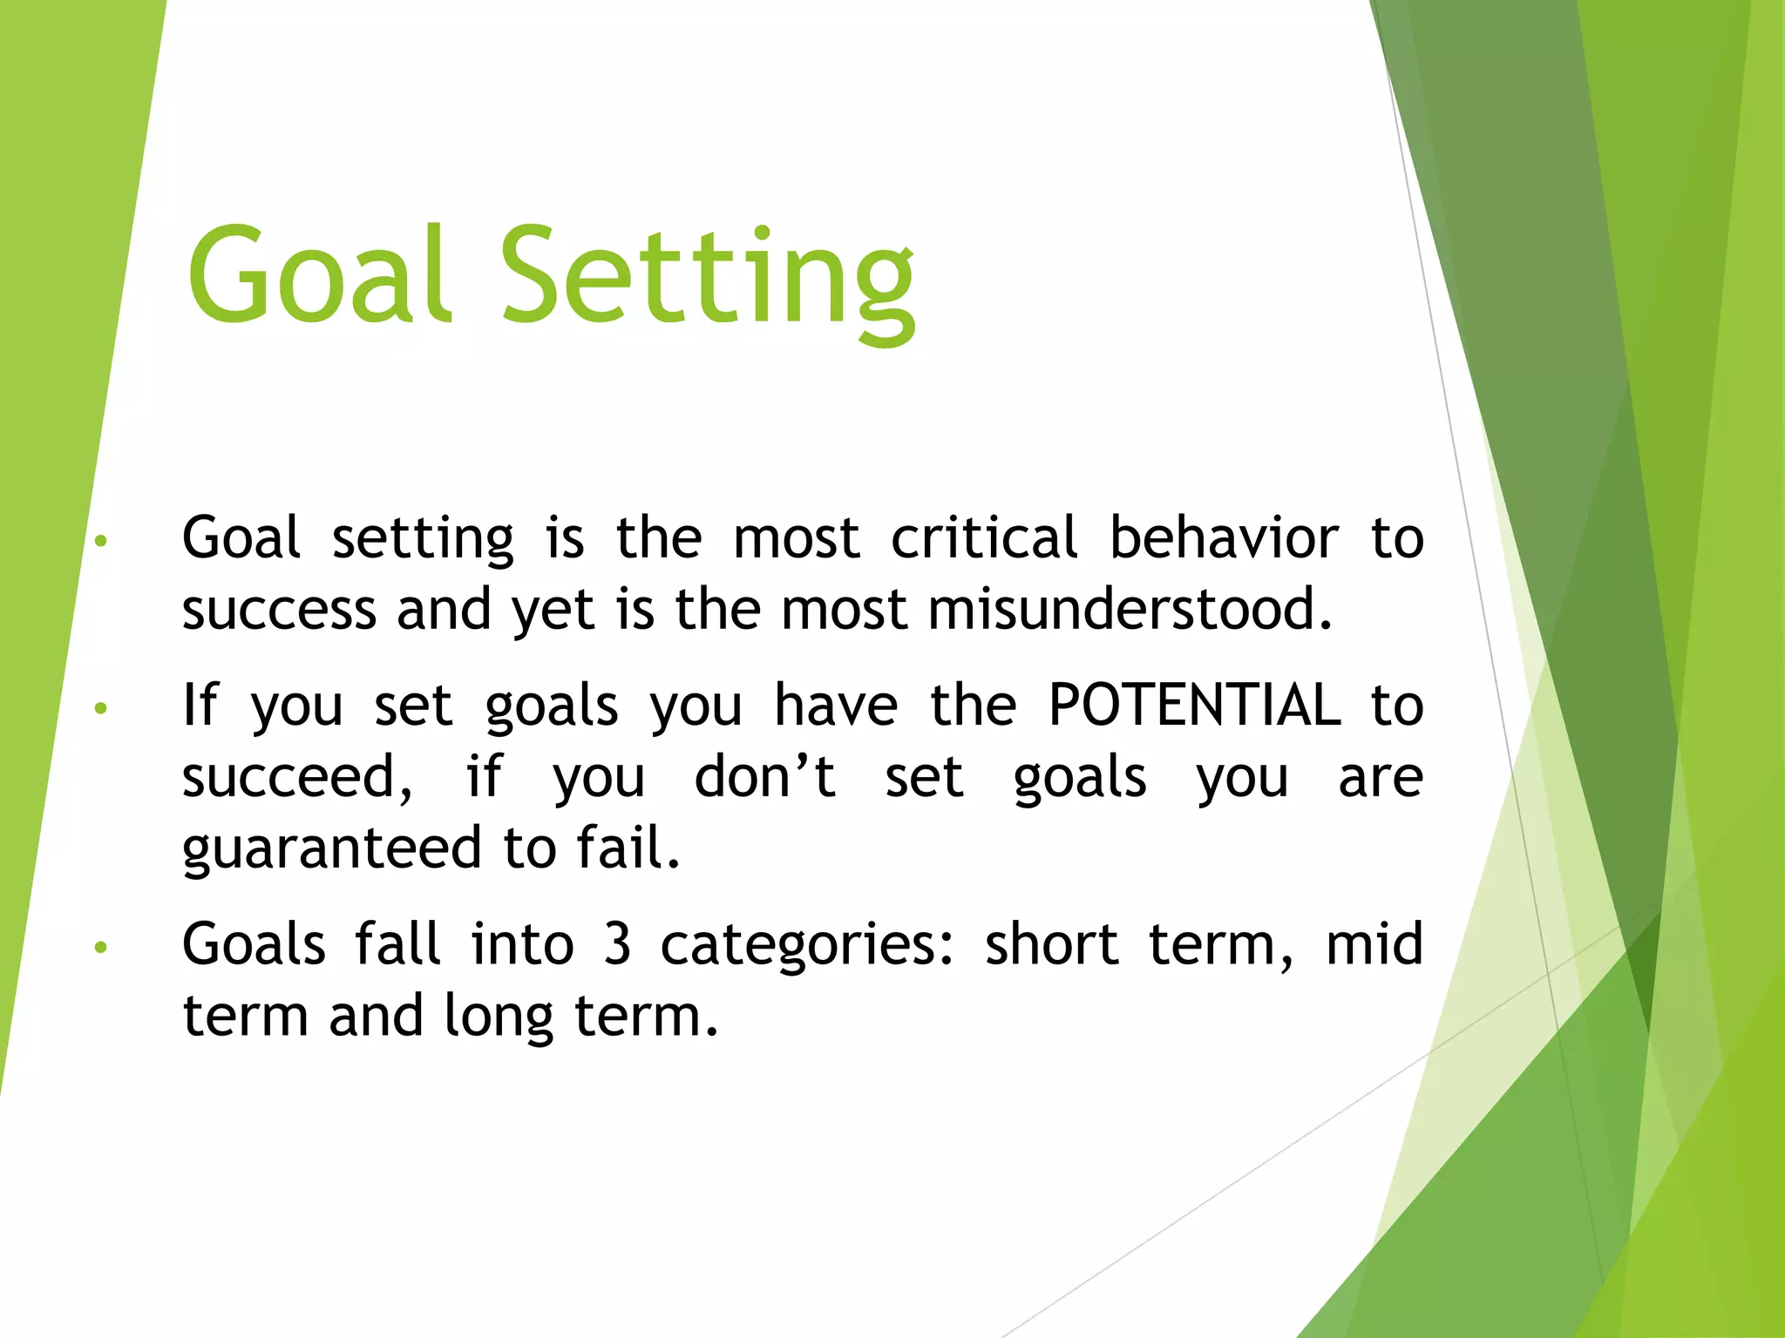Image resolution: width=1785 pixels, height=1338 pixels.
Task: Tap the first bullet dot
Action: [101, 541]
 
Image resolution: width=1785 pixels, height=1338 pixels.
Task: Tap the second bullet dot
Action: [101, 708]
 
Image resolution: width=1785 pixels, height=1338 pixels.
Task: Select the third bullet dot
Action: [101, 947]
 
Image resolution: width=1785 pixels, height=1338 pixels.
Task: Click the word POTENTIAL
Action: [1194, 705]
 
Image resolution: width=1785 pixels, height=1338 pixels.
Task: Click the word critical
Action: [984, 537]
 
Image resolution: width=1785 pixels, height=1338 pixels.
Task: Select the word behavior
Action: [1224, 537]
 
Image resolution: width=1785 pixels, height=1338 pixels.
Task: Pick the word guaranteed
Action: [332, 849]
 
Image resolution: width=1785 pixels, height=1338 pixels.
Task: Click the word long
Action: [499, 1017]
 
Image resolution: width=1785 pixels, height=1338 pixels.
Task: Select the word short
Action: [1051, 944]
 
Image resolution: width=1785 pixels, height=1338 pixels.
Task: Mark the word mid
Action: [1374, 944]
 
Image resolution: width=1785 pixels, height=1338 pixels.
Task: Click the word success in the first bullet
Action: [279, 611]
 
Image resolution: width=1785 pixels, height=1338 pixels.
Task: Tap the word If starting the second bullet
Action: [200, 705]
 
